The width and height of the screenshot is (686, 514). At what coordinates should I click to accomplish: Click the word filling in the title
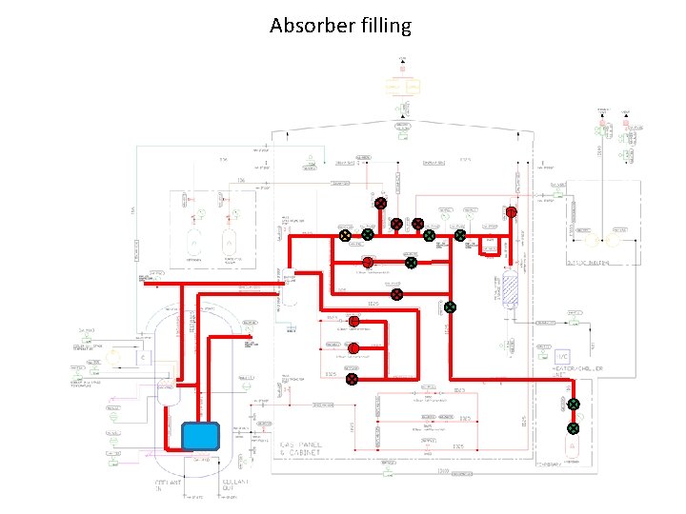(383, 25)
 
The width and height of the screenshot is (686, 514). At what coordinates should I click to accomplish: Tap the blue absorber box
(200, 435)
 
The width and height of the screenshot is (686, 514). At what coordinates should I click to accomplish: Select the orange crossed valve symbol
(346, 234)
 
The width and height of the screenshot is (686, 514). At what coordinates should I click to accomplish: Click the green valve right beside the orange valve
(367, 234)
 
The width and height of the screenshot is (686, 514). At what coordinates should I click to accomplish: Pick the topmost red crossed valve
(379, 203)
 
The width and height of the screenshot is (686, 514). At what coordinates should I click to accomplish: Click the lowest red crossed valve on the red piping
(352, 379)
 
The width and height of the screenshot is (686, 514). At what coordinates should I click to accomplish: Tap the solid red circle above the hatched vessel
(511, 212)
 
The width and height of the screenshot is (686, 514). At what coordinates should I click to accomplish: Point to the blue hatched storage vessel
(510, 287)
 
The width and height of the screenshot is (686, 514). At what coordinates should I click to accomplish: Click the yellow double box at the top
(401, 87)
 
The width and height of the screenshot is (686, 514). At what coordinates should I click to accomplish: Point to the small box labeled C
(145, 358)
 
